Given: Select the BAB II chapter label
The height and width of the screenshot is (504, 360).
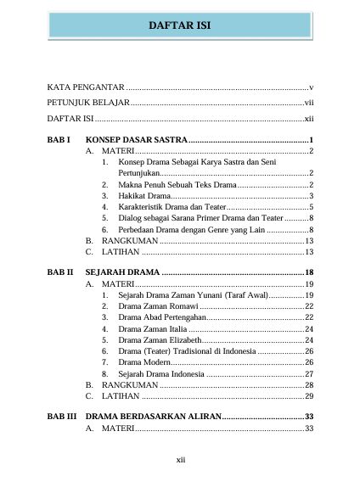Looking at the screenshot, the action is point(59,272).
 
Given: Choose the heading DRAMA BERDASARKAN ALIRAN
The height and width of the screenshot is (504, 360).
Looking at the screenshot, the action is point(153,417).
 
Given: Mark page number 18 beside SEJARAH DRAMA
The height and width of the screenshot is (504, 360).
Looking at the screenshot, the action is point(309,272).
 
